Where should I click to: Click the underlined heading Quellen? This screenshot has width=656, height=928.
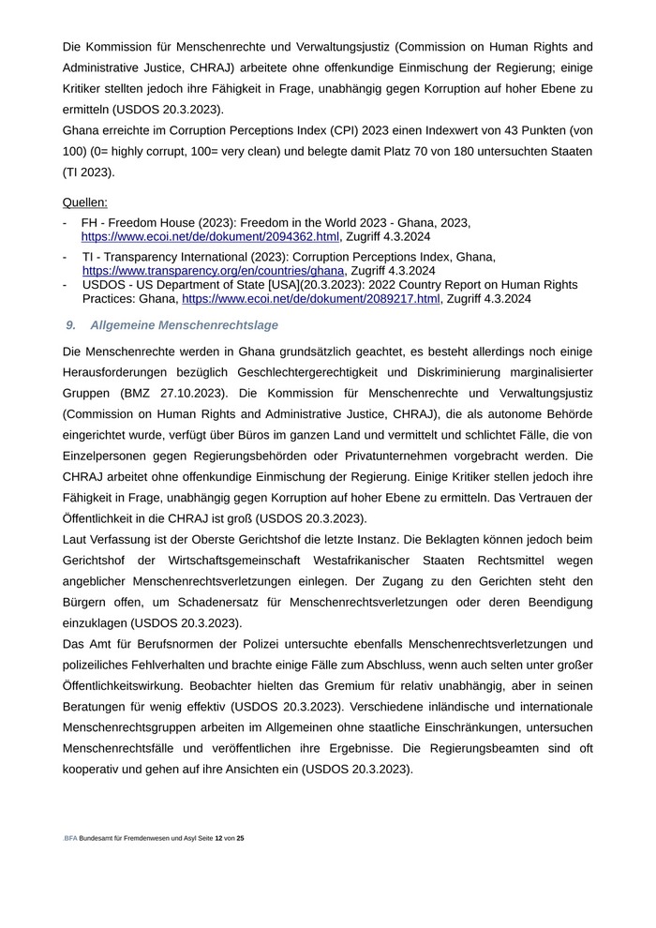(x=84, y=202)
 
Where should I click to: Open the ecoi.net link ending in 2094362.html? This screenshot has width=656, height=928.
(x=210, y=236)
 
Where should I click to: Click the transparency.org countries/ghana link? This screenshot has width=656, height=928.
(x=214, y=270)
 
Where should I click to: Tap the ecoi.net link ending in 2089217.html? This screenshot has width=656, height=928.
(x=310, y=299)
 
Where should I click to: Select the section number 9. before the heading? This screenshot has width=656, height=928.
(x=71, y=324)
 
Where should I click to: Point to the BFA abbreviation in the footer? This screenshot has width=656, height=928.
(x=70, y=837)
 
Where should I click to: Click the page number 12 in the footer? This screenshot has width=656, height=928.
(x=218, y=837)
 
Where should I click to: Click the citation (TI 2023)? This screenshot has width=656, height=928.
(x=88, y=172)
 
